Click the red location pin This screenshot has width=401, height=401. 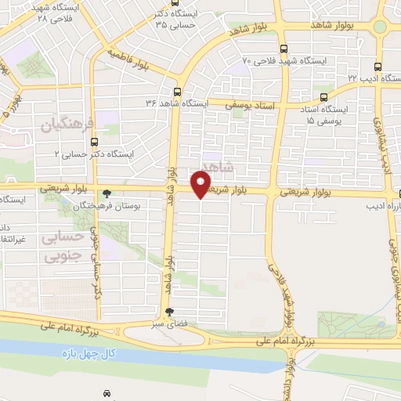[x=201, y=184]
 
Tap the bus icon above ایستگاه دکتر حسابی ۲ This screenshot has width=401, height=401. [x=95, y=143]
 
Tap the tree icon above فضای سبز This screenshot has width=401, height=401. [x=169, y=311]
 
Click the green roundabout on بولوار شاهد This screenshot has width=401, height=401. [x=380, y=27]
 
